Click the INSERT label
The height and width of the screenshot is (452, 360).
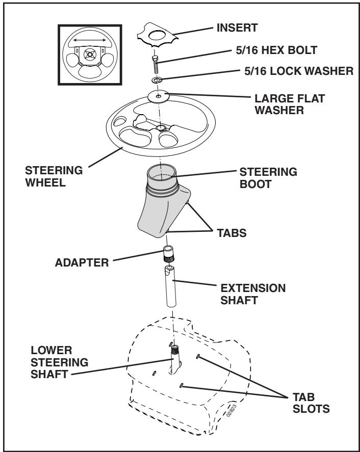click(x=237, y=28)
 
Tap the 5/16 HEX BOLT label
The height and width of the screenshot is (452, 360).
click(x=276, y=50)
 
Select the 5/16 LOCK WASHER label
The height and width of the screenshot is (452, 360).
click(x=299, y=71)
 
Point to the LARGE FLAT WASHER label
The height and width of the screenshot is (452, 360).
click(x=290, y=104)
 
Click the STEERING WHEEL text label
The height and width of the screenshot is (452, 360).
click(x=54, y=176)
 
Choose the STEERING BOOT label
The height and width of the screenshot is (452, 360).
click(x=268, y=178)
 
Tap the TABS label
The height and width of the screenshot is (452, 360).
click(x=232, y=233)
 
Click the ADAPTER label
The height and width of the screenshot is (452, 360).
click(x=82, y=262)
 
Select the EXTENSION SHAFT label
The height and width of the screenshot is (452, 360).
click(x=253, y=294)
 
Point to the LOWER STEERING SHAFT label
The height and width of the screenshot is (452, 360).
click(x=60, y=362)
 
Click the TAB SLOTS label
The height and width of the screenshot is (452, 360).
click(x=311, y=403)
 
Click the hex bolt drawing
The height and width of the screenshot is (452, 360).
click(x=156, y=65)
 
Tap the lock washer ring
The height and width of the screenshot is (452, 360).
click(x=157, y=80)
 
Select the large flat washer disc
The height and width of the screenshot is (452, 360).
click(x=158, y=96)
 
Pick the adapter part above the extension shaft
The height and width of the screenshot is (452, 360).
click(x=169, y=254)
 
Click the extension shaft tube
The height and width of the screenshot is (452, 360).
click(x=170, y=286)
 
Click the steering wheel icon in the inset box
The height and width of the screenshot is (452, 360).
click(x=90, y=55)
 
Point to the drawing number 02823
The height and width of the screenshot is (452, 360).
click(x=232, y=411)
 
